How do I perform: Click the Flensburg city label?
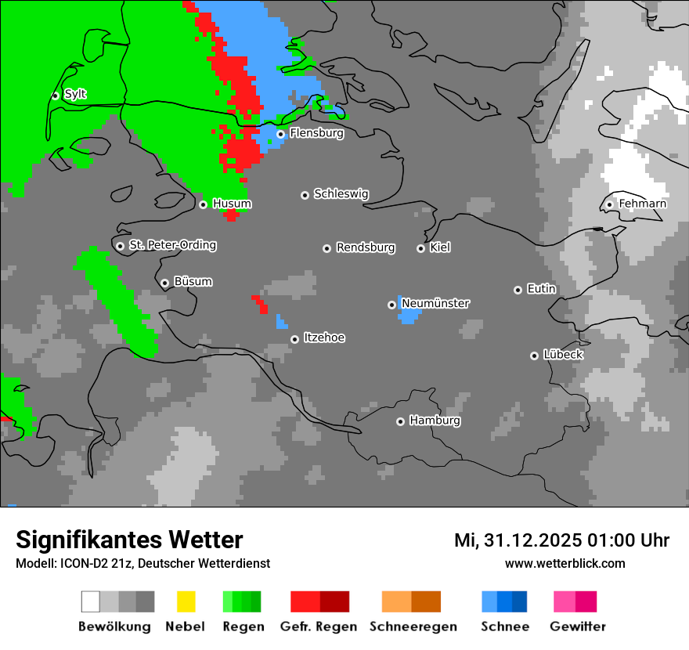click(x=316, y=133)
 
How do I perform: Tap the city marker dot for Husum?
click(x=203, y=204)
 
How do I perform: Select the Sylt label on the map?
click(x=75, y=94)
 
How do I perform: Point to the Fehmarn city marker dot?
click(x=609, y=204)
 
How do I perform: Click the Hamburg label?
click(x=435, y=421)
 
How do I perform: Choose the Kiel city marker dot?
click(x=420, y=248)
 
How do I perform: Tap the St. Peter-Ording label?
click(x=172, y=245)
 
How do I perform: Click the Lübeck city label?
click(x=563, y=355)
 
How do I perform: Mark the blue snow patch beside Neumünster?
click(x=408, y=315)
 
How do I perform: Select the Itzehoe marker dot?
click(x=294, y=339)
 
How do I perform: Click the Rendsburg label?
click(x=366, y=247)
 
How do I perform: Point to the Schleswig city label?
click(x=341, y=193)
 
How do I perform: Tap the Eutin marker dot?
click(x=518, y=290)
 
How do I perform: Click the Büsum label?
click(x=193, y=281)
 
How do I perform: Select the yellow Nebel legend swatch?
click(x=186, y=601)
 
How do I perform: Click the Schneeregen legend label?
click(x=413, y=627)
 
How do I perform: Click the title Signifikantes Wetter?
click(x=129, y=540)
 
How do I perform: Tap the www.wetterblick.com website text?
click(x=565, y=563)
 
